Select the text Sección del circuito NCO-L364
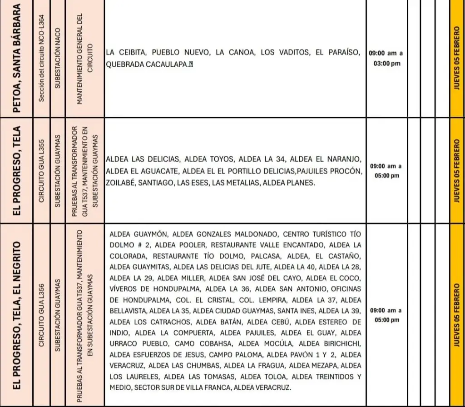[41, 59]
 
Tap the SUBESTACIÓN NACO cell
[58, 59]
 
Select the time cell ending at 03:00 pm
[386, 59]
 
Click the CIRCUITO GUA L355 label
[41, 170]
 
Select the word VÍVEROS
[124, 288]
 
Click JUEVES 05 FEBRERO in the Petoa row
[457, 59]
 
